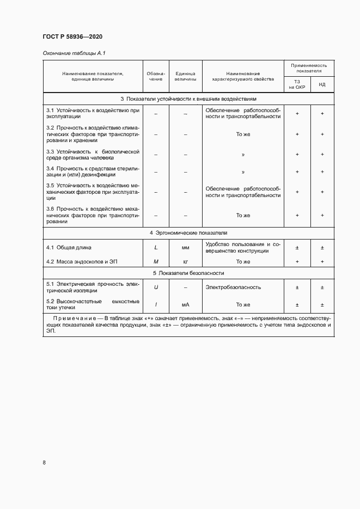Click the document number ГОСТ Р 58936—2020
pos(72,36)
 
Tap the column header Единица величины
pos(185,76)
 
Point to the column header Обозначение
pos(156,76)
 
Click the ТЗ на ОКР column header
pos(297,84)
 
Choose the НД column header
pos(322,84)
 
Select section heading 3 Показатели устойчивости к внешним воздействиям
pos(188,100)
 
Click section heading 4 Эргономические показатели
pos(188,232)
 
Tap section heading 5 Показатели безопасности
pos(188,273)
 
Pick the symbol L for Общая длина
pos(156,248)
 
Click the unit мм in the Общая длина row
pos(185,248)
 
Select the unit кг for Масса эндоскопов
pos(185,262)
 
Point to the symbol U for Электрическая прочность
pos(156,287)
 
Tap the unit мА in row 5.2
pos(185,305)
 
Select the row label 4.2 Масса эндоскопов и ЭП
pos(82,262)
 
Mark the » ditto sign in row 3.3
pos(243,155)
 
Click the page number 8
pos(44,463)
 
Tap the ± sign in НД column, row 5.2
pos(322,305)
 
